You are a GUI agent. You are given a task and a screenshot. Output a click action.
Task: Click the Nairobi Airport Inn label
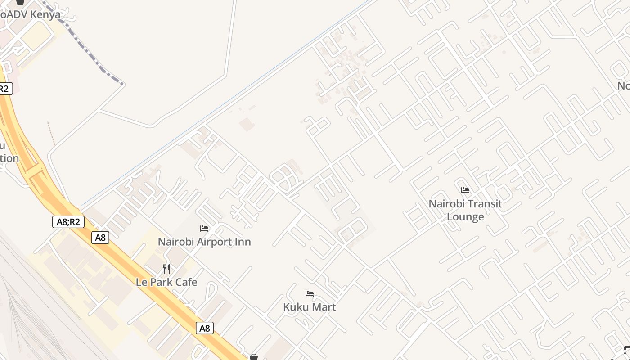coord(204,242)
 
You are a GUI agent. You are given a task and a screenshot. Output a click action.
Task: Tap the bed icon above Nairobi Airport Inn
coord(204,229)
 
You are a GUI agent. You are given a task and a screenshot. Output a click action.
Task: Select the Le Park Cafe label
coord(166,282)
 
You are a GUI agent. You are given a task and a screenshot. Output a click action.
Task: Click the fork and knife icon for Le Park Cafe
coord(166,269)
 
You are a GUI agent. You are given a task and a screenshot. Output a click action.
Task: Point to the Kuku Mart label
coord(310,307)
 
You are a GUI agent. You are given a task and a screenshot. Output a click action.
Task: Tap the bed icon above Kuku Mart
coord(310,294)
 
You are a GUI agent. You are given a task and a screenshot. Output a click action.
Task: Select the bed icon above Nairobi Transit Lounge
coord(465,190)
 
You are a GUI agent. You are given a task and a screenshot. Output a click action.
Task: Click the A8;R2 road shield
coord(68,221)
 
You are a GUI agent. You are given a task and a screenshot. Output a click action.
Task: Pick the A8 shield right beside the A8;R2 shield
coord(100,238)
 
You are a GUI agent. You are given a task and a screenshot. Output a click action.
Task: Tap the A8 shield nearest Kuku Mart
coord(205,328)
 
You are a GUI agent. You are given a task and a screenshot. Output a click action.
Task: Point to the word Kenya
coord(44,14)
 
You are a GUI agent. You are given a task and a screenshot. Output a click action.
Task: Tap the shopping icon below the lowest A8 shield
coord(254,357)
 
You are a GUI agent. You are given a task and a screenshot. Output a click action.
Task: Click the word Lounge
coord(465,217)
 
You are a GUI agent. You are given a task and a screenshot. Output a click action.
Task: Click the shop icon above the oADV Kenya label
coord(20,2)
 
